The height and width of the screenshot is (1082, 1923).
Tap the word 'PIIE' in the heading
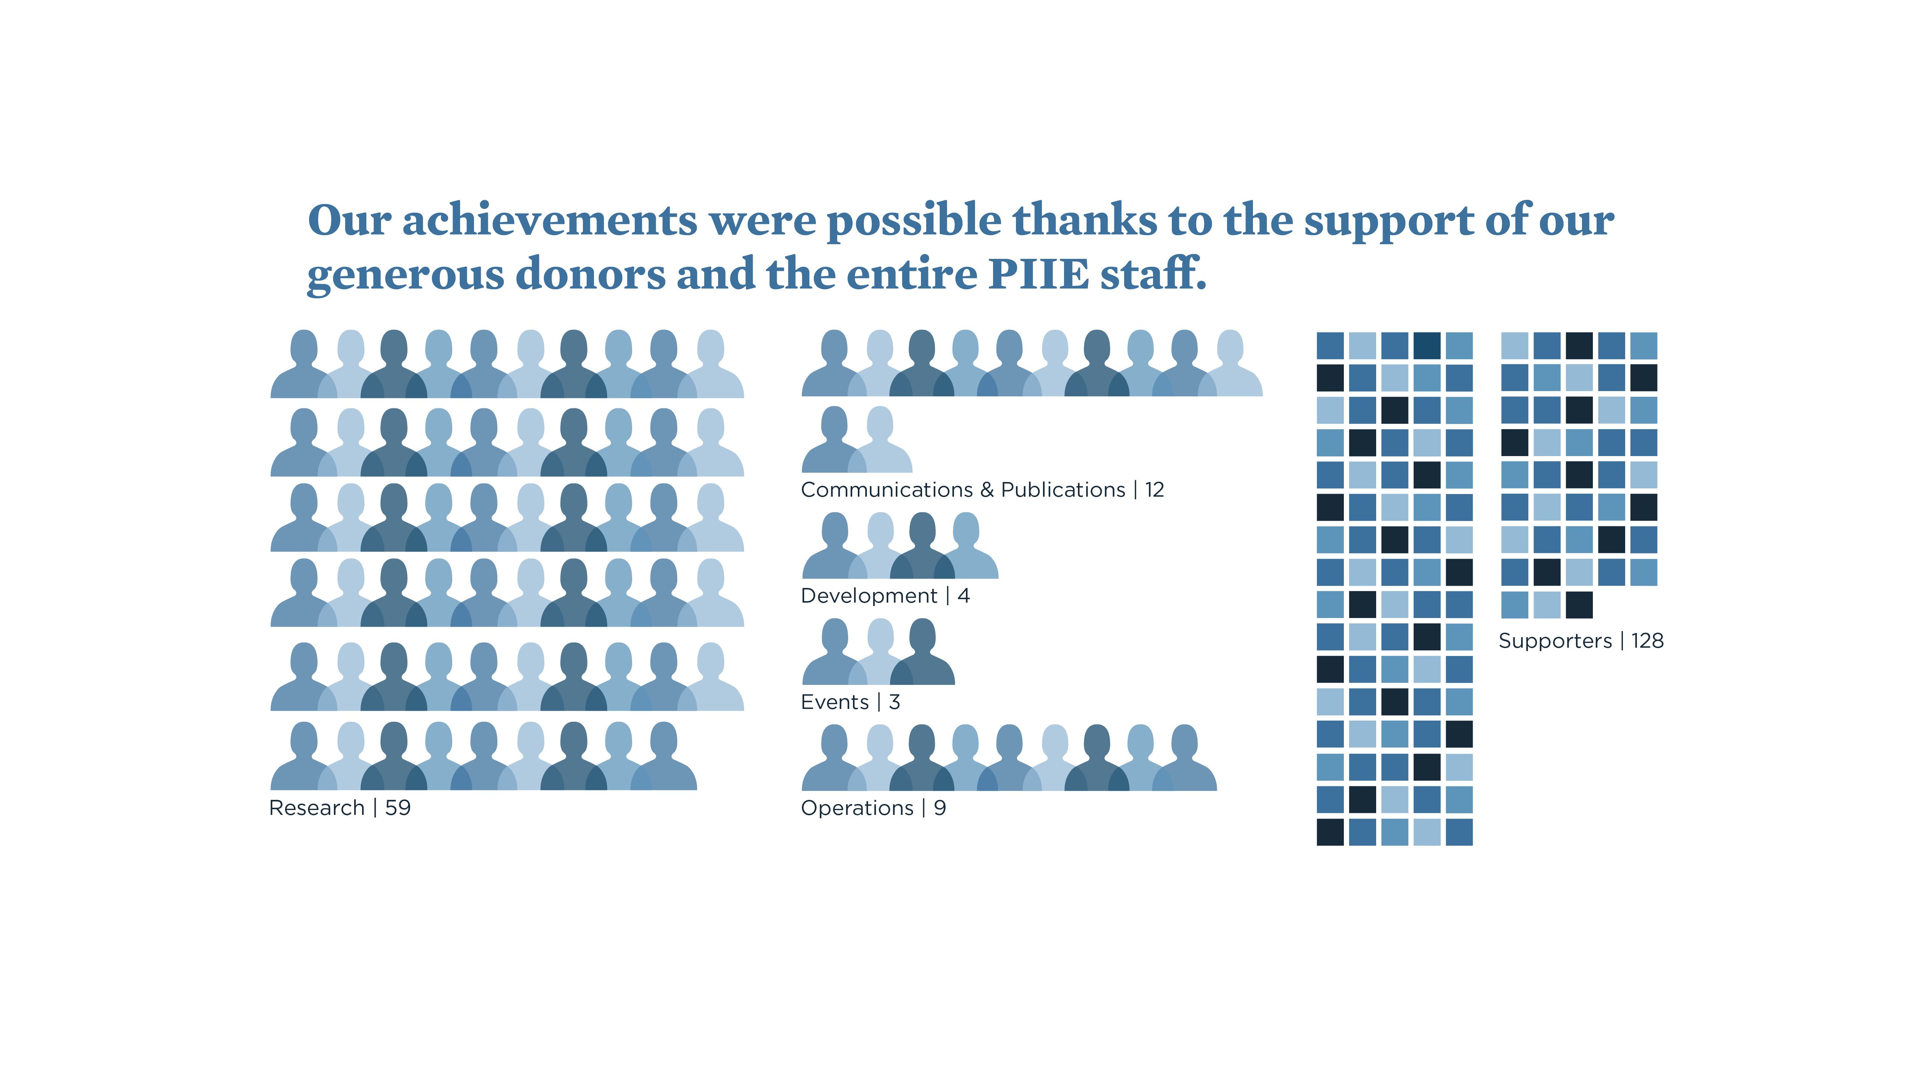pyautogui.click(x=1038, y=274)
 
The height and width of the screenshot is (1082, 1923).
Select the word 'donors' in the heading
pyautogui.click(x=590, y=274)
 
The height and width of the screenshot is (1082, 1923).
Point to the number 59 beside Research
pyautogui.click(x=398, y=808)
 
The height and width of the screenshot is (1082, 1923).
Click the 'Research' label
pyautogui.click(x=317, y=808)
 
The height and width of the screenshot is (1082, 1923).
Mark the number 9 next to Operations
pyautogui.click(x=940, y=808)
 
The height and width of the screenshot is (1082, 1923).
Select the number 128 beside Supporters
pyautogui.click(x=1648, y=641)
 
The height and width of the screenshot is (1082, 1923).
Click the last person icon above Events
pyautogui.click(x=923, y=652)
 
